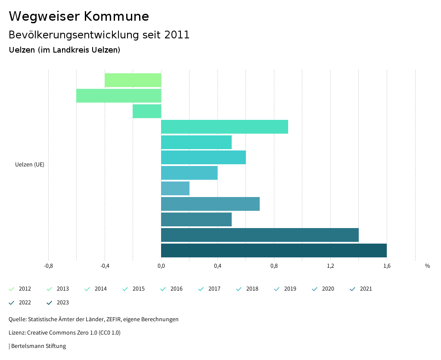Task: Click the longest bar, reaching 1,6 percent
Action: pos(274,250)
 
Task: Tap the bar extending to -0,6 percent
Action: pos(118,96)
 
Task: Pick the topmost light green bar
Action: pos(133,80)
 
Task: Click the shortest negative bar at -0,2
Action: pos(147,111)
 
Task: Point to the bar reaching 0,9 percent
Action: pos(224,127)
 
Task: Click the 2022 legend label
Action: pos(25,303)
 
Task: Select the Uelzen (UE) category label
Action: pos(30,164)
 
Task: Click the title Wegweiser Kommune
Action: pos(79,16)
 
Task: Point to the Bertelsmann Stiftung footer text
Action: pos(38,346)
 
